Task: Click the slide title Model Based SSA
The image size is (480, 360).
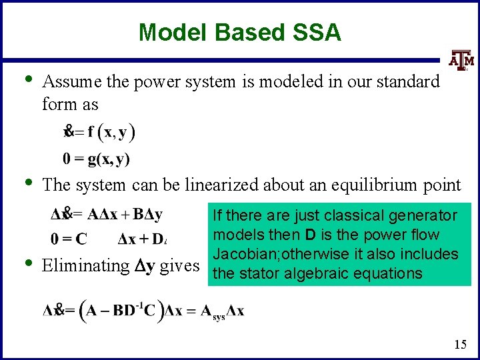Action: tap(239, 32)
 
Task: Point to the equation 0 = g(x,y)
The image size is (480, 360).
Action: tap(97, 159)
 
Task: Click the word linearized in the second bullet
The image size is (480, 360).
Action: tap(203, 185)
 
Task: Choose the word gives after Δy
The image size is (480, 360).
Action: tap(179, 266)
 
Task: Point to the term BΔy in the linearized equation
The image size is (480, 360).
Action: tap(148, 215)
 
